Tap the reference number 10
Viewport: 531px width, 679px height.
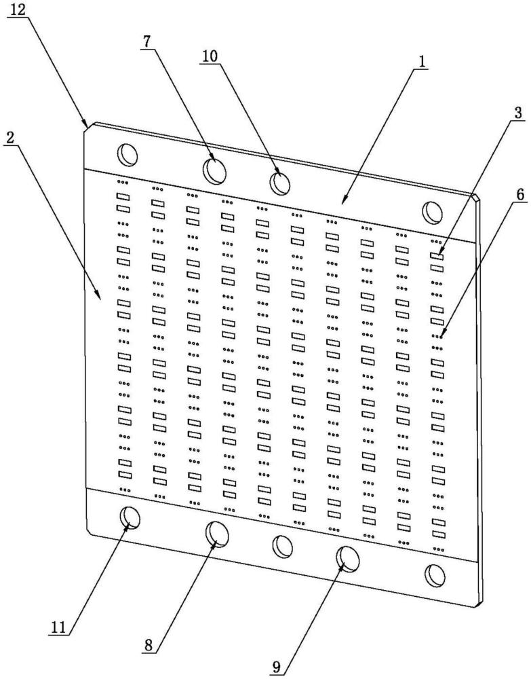click(210, 57)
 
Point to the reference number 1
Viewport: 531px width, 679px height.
click(421, 62)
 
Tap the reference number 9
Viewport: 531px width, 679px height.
click(276, 666)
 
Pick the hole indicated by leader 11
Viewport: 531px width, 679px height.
click(130, 519)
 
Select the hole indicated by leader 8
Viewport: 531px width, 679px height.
click(217, 534)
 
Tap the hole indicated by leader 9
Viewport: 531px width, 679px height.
click(348, 559)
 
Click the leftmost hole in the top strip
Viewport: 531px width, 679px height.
click(127, 154)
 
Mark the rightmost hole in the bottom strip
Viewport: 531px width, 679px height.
click(434, 575)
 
